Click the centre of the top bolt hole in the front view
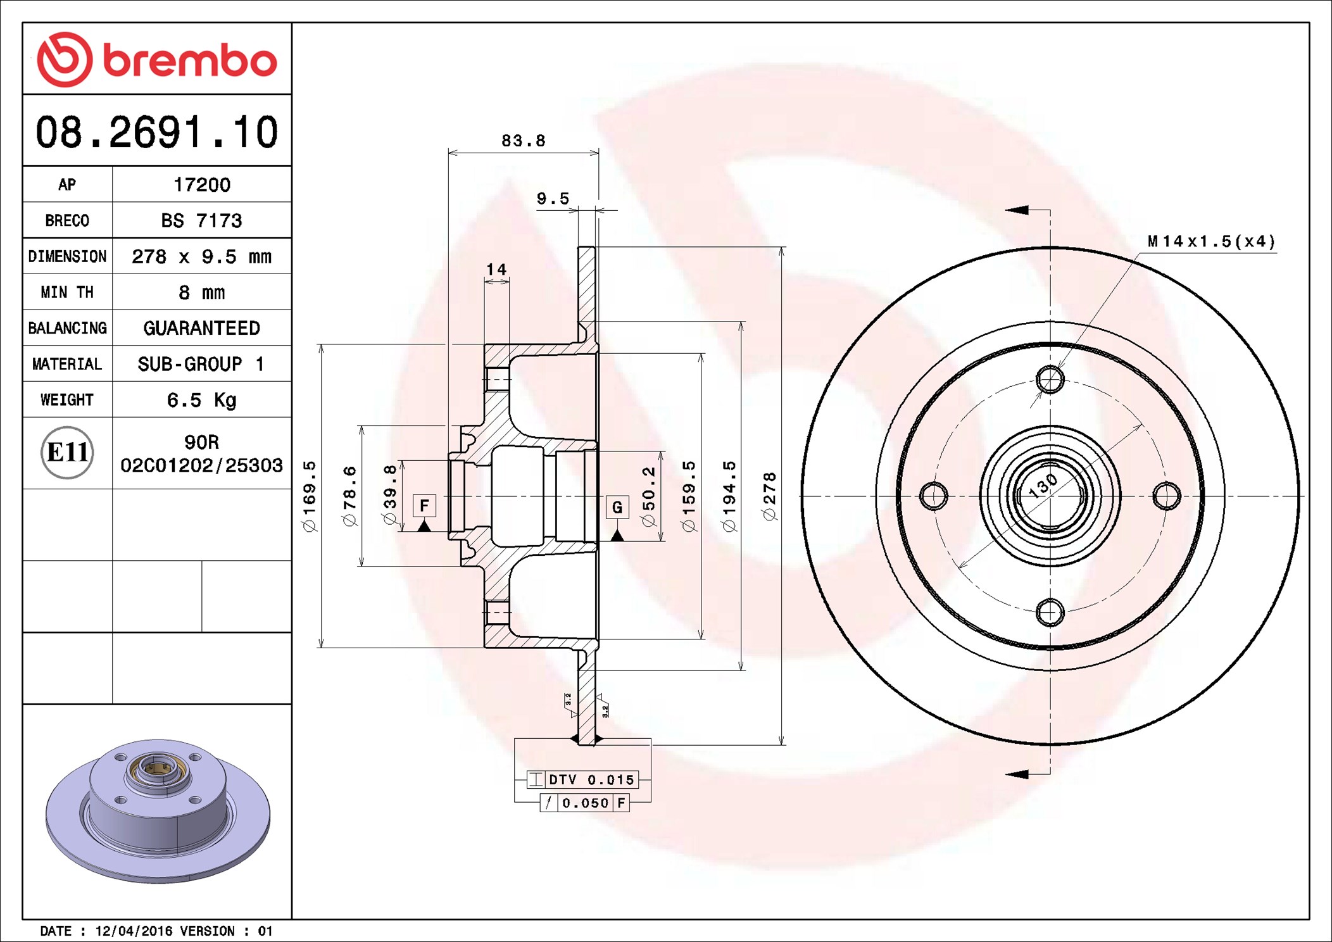pyautogui.click(x=1050, y=380)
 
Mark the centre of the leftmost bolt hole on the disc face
pyautogui.click(x=934, y=496)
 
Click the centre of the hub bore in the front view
pyautogui.click(x=1050, y=496)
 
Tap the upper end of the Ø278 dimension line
pyautogui.click(x=782, y=248)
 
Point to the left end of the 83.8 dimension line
pyautogui.click(x=449, y=153)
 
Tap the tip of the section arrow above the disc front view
pyautogui.click(x=1006, y=210)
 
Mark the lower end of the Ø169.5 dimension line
pyautogui.click(x=321, y=648)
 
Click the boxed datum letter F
pyautogui.click(x=424, y=505)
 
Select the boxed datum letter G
pyautogui.click(x=617, y=506)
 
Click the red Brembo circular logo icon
pyautogui.click(x=65, y=60)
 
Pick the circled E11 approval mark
pyautogui.click(x=67, y=452)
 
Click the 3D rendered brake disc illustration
pyautogui.click(x=158, y=810)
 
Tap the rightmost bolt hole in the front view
pyautogui.click(x=1167, y=496)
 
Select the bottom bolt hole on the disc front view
pyautogui.click(x=1050, y=612)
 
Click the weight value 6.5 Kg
pyautogui.click(x=201, y=400)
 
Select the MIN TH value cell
pyautogui.click(x=202, y=292)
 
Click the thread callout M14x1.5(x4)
pyautogui.click(x=1212, y=241)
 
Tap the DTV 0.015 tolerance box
pyautogui.click(x=582, y=779)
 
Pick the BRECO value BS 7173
pyautogui.click(x=201, y=220)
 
